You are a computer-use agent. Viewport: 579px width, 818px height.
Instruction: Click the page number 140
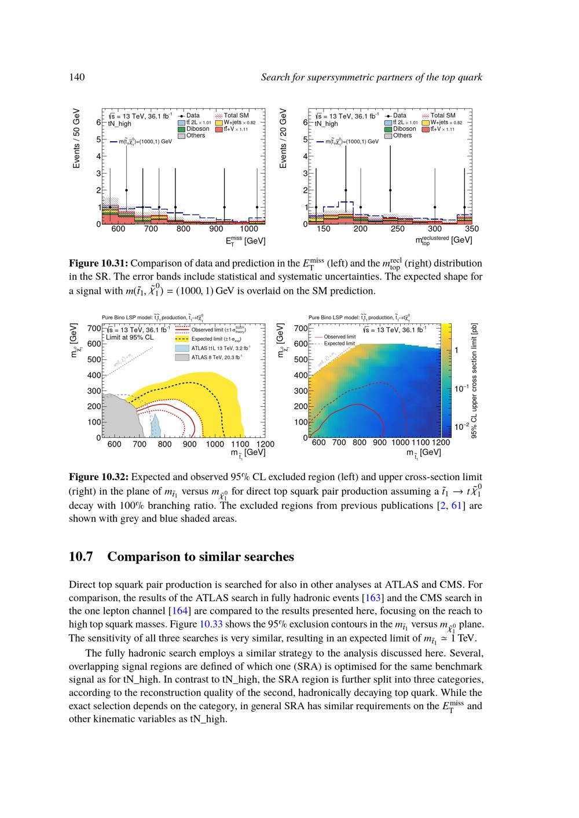pyautogui.click(x=77, y=78)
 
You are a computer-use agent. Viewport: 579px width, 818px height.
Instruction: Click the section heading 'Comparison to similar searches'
pyautogui.click(x=200, y=557)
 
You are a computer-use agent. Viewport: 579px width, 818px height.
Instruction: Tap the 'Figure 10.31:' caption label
pyautogui.click(x=98, y=264)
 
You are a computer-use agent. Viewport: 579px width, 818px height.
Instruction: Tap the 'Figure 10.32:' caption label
pyautogui.click(x=98, y=477)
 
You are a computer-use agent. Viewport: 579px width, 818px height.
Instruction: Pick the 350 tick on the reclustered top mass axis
pyautogui.click(x=472, y=229)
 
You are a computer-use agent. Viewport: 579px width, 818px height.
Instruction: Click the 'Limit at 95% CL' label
pyautogui.click(x=130, y=337)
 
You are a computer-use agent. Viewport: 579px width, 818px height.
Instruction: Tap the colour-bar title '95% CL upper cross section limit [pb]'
pyautogui.click(x=474, y=380)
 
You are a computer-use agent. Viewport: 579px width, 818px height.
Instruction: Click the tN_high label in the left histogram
pyautogui.click(x=120, y=124)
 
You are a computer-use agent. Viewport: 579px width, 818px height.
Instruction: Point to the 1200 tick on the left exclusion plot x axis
pyautogui.click(x=265, y=444)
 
